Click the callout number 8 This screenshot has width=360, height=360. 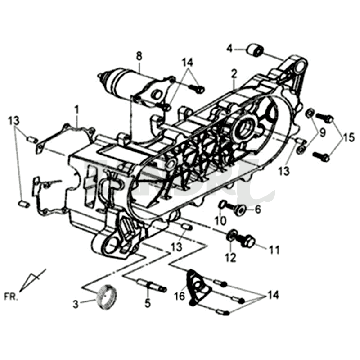coord(139,56)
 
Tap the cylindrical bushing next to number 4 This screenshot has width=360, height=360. coord(255,50)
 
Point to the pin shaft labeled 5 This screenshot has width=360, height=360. coord(152,286)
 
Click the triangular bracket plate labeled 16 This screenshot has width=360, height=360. coord(198,287)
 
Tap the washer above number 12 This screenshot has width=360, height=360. coord(232,236)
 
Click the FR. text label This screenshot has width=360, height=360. coord(12,296)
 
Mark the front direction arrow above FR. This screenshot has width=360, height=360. coord(32,280)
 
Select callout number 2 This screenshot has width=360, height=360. coord(234,73)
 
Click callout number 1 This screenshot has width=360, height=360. coord(77,109)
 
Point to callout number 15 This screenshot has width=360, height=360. coord(348,138)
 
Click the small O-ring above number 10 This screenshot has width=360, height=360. coord(222,204)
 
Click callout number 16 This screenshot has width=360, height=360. coord(180,296)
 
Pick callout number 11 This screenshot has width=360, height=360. coord(274,250)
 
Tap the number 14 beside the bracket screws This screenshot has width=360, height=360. coord(272,295)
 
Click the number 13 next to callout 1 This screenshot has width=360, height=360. coord(14,121)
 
